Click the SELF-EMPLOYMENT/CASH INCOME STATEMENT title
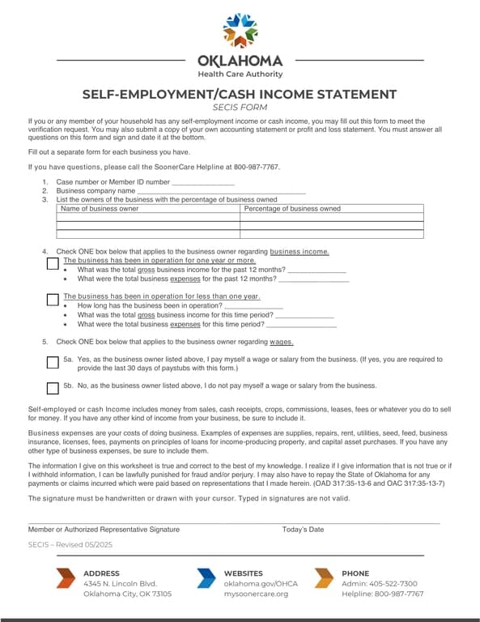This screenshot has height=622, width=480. [240, 94]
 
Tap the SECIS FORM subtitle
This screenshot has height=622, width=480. [240, 107]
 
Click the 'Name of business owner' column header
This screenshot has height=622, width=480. [100, 209]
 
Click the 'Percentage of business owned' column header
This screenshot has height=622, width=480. [292, 209]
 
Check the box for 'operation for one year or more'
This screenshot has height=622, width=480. [53, 264]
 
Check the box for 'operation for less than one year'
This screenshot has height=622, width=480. [53, 300]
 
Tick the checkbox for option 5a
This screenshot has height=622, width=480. [53, 361]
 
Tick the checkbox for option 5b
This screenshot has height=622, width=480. [53, 387]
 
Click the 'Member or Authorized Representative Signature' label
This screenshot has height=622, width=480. [104, 530]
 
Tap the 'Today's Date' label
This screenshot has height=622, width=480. [303, 530]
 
